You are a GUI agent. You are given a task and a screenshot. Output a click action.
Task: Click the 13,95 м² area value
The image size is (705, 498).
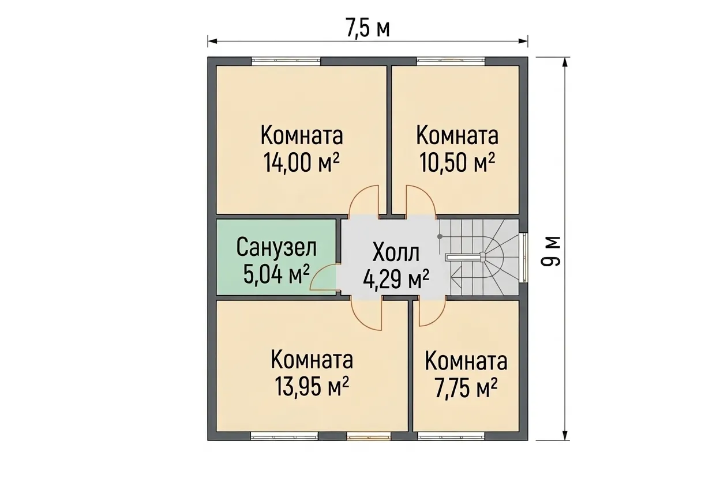[312, 387]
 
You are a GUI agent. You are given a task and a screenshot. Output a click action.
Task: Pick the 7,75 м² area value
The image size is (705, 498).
[466, 388]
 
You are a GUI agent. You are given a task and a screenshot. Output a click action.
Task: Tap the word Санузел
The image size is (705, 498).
[276, 247]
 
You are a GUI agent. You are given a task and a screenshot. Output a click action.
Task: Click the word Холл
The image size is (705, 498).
[396, 252]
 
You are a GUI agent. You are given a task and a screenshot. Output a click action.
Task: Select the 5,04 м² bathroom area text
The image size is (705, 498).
[276, 274]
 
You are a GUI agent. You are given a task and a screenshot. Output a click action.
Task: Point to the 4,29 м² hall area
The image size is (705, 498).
[396, 280]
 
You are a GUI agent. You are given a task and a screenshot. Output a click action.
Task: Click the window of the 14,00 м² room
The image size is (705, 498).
[286, 61]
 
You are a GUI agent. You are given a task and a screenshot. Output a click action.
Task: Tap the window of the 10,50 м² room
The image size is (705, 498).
[451, 61]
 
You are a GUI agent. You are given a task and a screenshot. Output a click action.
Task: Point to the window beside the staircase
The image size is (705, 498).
[524, 258]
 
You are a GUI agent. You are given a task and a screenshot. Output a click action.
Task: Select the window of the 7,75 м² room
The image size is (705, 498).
[451, 436]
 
